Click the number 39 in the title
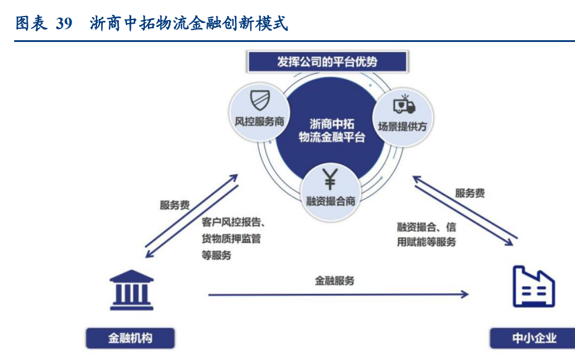click(64, 24)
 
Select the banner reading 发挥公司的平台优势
click(327, 61)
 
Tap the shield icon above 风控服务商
click(260, 100)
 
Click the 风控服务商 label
click(259, 121)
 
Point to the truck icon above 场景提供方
click(404, 105)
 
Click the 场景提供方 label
click(402, 127)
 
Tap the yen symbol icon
click(330, 179)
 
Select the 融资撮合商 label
click(331, 201)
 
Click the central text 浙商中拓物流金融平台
click(331, 131)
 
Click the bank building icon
click(132, 290)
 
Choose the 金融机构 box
click(130, 338)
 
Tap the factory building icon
click(534, 287)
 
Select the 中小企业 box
click(532, 338)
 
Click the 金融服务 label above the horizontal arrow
click(334, 281)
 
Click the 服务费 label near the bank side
click(175, 205)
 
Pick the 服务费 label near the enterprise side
click(470, 193)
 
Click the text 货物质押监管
click(231, 239)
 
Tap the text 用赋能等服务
click(427, 242)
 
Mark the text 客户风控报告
click(231, 222)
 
